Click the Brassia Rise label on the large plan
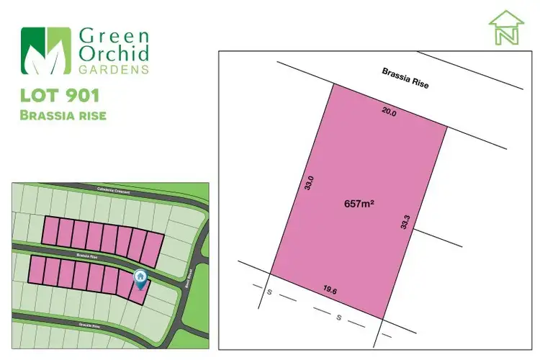405,78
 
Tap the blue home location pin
140,277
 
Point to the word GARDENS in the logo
114,70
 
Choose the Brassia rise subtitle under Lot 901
64,116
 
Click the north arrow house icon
506,28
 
